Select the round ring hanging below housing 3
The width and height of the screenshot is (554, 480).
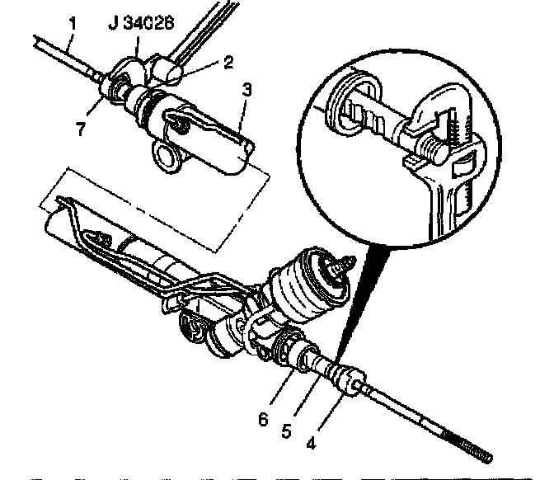(x=168, y=154)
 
